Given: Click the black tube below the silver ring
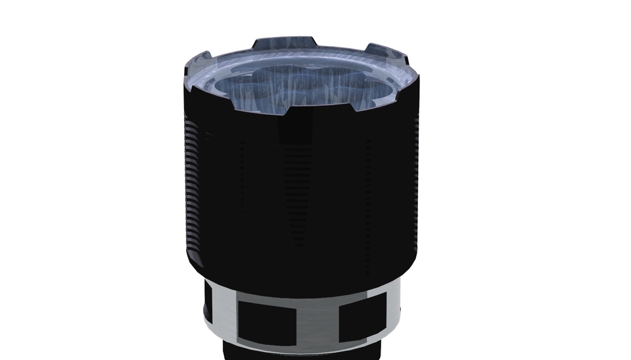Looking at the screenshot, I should point(302,353).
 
